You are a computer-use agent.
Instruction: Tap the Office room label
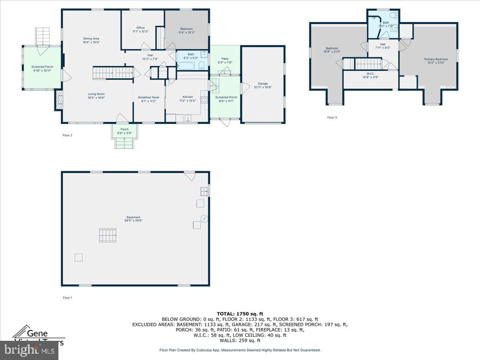[140, 30]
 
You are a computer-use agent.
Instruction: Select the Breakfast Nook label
[149, 99]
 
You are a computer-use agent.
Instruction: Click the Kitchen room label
[188, 99]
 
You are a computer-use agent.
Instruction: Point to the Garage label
[263, 85]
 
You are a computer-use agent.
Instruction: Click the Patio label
[225, 60]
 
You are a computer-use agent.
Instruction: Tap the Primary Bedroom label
[436, 61]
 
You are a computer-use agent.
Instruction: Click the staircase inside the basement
[108, 235]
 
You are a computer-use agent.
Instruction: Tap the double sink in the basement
[204, 191]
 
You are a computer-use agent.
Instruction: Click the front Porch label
[124, 131]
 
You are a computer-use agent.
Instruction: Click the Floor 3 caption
[332, 118]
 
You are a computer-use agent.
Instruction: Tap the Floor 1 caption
[67, 298]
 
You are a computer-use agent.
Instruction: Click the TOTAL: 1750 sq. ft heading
[240, 314]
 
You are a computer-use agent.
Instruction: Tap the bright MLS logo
[29, 350]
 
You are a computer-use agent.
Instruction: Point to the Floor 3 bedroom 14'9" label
[331, 50]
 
